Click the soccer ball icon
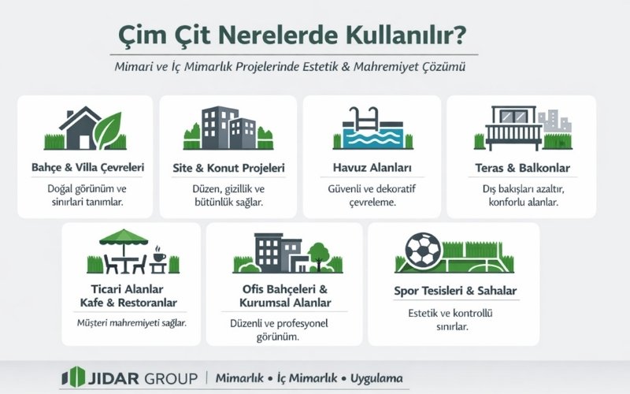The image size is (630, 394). click(423, 249)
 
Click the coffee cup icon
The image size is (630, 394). click(157, 257)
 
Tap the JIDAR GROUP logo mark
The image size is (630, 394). click(72, 377)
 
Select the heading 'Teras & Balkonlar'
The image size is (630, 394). click(522, 168)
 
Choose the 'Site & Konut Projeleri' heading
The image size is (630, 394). click(228, 168)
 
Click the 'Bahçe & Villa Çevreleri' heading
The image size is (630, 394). click(87, 168)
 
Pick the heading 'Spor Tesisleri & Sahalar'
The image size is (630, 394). click(455, 291)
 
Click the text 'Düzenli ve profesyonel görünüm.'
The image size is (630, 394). click(280, 330)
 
